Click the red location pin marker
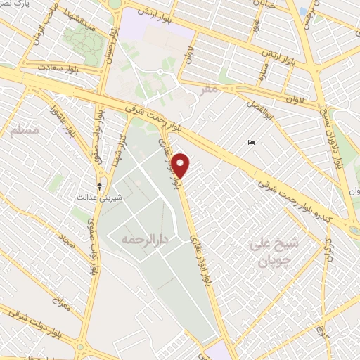click(181, 165)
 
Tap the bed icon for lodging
click(251, 143)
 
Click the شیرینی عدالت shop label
click(99, 198)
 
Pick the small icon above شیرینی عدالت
click(99, 186)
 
